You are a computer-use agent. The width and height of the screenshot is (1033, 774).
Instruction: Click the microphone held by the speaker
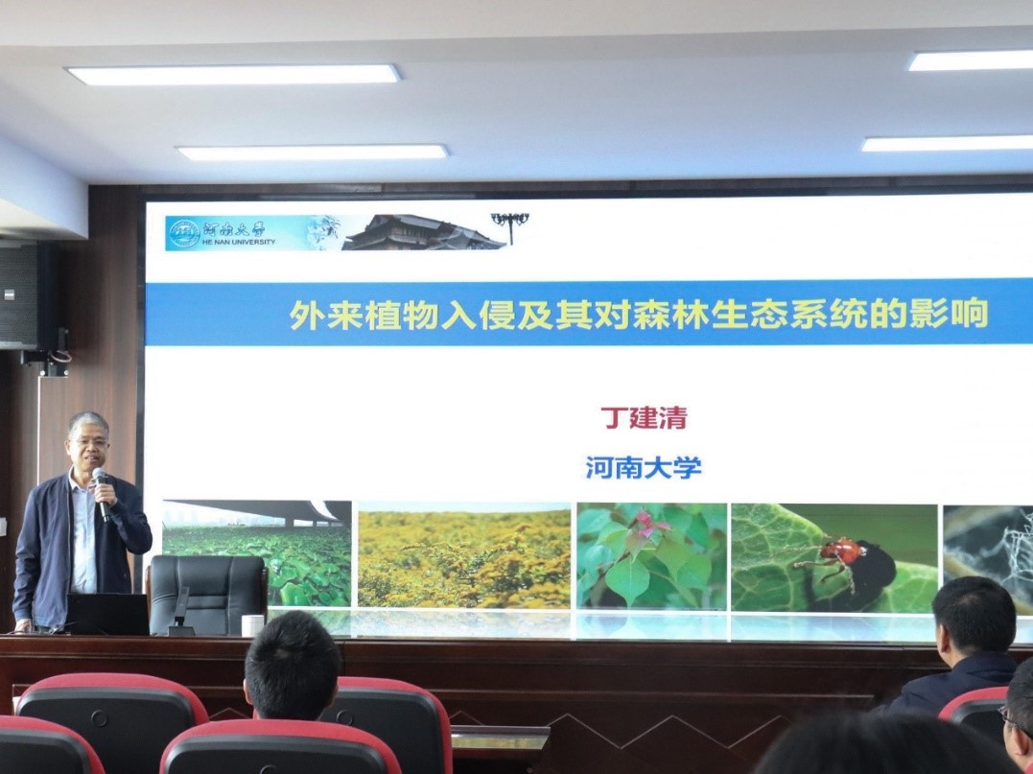(101, 493)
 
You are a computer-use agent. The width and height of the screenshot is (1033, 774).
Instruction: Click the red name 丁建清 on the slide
(644, 417)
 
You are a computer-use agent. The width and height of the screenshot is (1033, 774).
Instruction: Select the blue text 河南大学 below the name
(644, 468)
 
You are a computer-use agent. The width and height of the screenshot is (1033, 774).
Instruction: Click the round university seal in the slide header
(184, 234)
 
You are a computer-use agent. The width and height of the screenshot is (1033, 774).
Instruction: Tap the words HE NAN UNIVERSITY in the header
(239, 242)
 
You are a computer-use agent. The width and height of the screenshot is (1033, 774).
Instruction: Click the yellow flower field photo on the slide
(464, 555)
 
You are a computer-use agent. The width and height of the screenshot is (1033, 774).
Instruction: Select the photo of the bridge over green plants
(257, 552)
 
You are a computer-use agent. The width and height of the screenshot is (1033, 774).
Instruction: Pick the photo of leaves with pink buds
(652, 556)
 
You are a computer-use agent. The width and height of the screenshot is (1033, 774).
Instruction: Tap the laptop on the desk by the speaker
(107, 614)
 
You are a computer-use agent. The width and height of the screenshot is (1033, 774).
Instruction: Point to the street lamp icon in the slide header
(510, 227)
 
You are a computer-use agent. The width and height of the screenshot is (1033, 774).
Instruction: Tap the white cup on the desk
(252, 625)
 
